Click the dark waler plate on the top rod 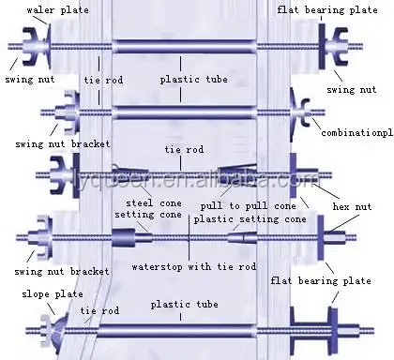click(38, 45)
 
